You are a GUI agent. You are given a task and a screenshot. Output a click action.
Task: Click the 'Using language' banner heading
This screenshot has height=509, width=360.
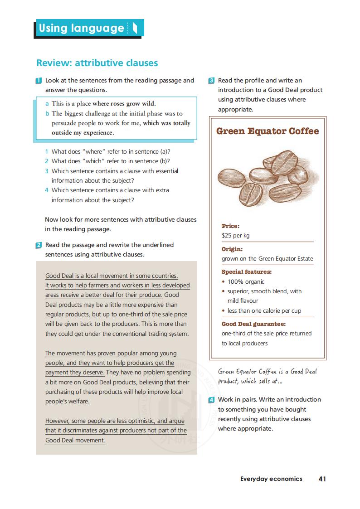[82, 28]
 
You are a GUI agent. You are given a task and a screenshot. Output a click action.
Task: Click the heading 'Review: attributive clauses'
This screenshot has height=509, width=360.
[97, 63]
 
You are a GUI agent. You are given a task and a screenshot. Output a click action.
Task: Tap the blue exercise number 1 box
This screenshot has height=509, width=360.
[39, 81]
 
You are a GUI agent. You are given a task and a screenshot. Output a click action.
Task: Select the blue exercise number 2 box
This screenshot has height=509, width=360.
[39, 245]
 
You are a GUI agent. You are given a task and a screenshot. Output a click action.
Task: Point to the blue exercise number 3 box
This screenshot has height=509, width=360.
[212, 81]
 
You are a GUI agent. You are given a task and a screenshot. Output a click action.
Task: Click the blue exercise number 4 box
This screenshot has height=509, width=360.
[212, 400]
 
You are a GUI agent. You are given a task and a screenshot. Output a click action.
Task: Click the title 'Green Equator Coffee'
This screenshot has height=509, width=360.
[268, 131]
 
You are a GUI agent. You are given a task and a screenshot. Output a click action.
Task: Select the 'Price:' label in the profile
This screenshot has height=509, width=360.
[230, 226]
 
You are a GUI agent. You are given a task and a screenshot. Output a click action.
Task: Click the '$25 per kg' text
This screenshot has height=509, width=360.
[235, 236]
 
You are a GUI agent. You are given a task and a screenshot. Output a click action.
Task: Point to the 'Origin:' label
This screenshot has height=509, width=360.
[232, 249]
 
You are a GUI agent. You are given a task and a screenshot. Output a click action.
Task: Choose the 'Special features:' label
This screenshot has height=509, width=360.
[247, 272]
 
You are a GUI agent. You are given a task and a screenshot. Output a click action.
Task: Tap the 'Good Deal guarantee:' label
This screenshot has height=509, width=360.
[253, 324]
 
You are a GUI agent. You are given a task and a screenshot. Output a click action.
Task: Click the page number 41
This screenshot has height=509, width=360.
[322, 479]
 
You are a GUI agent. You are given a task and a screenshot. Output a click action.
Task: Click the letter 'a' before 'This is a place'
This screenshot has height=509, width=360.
[47, 104]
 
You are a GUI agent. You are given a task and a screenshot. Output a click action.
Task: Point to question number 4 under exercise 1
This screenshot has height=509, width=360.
[47, 190]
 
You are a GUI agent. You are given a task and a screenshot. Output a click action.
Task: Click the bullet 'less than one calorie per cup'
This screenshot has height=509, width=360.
[264, 310]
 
